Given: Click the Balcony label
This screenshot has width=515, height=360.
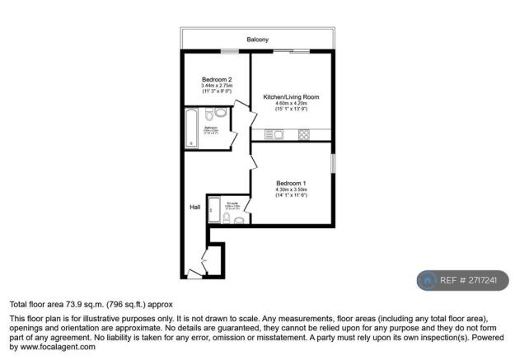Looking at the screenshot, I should coord(257,40).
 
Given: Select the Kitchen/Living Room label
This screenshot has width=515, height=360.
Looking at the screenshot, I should coord(291,97).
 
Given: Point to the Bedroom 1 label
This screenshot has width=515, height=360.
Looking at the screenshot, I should coord(291,183).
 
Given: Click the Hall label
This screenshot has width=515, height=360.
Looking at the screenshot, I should coord(194,208).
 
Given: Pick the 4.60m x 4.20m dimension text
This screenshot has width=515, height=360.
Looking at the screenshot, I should coord(291,103).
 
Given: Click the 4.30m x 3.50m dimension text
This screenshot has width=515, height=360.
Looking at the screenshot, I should coord(291,189).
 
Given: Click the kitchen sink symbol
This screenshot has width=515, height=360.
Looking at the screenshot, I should coord(277,134).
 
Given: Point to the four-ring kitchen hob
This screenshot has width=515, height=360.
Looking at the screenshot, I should coord(302,134).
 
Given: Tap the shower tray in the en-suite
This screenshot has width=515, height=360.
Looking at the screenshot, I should coord(215,210).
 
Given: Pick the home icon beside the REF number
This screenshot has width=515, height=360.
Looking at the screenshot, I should coord(428,280).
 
